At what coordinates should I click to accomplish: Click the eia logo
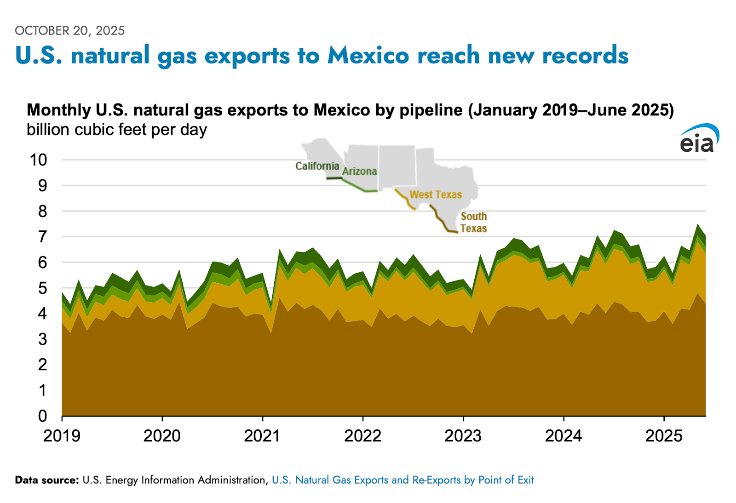[699, 139]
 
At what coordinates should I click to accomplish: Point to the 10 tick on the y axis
[39, 160]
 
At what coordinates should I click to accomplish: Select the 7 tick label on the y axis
[42, 237]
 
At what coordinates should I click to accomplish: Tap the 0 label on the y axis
[42, 416]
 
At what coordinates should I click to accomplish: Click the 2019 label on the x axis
[62, 435]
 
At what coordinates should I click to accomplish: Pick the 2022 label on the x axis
[363, 435]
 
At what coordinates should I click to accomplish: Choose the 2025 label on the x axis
[664, 435]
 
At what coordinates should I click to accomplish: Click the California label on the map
[317, 166]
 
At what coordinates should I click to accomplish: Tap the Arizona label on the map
[360, 171]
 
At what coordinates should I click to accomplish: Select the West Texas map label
[436, 194]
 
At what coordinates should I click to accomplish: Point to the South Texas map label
[473, 222]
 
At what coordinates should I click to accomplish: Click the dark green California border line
[334, 178]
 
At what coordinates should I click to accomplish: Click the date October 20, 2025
[70, 31]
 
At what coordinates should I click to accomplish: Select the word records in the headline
[585, 56]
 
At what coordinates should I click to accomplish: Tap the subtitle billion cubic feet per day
[117, 130]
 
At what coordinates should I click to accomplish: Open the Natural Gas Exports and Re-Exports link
[402, 480]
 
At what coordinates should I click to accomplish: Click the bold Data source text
[47, 480]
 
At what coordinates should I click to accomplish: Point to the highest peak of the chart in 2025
[698, 225]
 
